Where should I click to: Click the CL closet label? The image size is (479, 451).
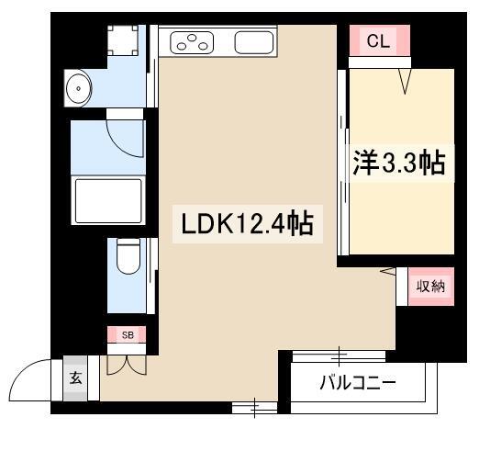377,41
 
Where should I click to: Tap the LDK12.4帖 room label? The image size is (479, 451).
248,223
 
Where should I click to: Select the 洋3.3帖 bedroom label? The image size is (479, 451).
399,163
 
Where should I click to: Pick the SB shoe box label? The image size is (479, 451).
128,335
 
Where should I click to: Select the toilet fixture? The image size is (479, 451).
128,258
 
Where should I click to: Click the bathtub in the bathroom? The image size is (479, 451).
107,198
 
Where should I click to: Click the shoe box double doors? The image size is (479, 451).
126,363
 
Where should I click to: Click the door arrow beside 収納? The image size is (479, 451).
387,271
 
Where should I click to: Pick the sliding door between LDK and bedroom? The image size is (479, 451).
342,165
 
